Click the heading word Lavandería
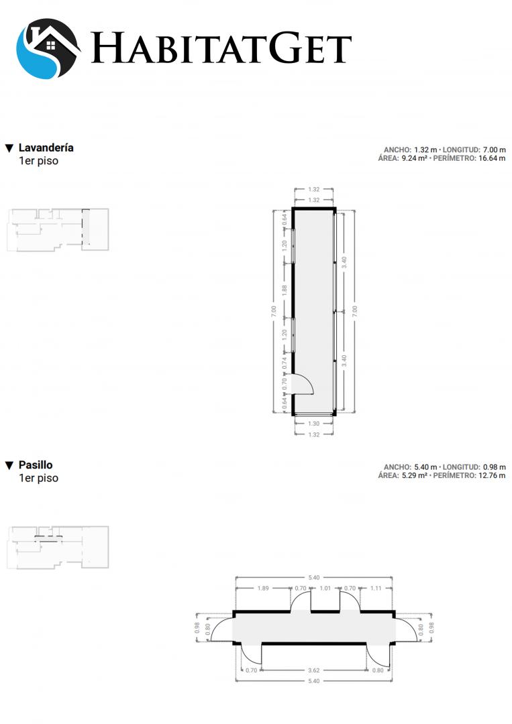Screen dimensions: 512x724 [46, 147]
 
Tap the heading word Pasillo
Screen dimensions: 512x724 [36, 465]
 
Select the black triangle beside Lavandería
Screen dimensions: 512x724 [9, 148]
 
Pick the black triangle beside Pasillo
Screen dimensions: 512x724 [9, 465]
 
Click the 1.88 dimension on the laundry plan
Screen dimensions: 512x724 [285, 290]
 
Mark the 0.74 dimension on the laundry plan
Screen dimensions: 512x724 [285, 363]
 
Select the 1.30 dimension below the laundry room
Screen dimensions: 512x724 [314, 424]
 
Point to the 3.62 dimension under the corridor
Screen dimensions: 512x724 [314, 670]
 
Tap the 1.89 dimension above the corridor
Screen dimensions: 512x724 [263, 589]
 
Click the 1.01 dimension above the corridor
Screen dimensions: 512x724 [325, 589]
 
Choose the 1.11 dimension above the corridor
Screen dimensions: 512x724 [376, 589]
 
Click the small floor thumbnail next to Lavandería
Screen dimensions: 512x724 [58, 229]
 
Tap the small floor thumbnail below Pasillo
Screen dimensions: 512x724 [58, 547]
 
